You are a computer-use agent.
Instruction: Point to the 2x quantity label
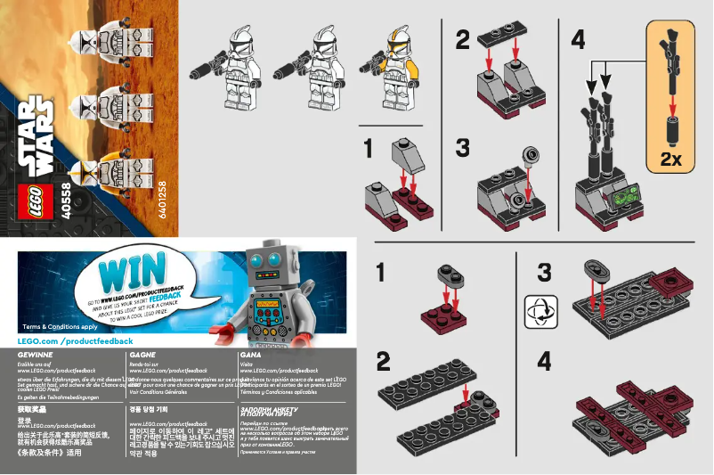coord(671,160)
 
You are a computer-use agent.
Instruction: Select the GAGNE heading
coord(142,355)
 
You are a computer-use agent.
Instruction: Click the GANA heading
coord(250,355)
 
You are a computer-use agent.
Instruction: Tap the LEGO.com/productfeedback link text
coord(75,341)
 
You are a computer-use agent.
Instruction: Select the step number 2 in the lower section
coord(384,362)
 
